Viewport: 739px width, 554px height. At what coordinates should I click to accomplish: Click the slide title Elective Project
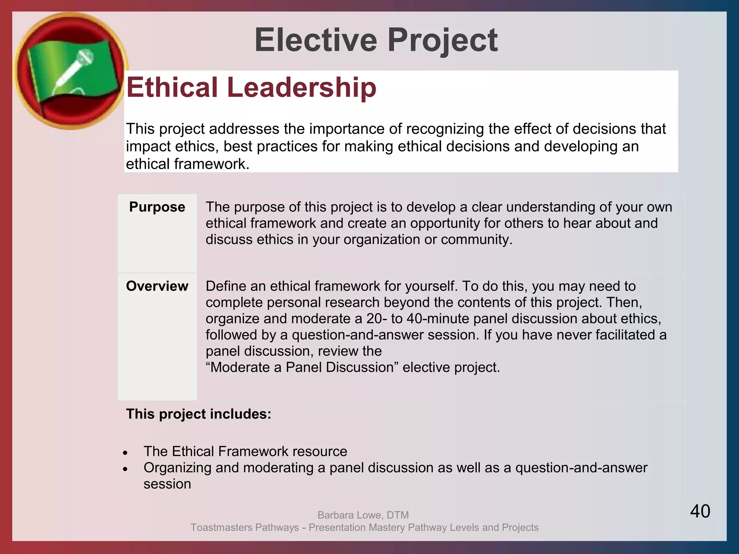coord(376,40)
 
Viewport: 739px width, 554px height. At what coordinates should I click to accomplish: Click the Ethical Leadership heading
coord(251,87)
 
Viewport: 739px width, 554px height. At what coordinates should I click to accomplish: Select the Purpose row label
coord(157,207)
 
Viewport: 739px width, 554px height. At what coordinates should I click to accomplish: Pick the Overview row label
coord(157,286)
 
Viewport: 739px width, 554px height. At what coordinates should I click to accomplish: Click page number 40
coord(700,511)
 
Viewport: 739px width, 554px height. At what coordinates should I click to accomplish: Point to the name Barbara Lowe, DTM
coord(363,515)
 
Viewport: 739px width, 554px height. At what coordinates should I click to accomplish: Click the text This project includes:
coord(198,414)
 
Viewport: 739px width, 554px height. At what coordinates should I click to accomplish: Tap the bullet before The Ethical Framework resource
coord(125,453)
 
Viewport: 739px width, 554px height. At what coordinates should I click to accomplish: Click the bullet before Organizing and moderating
coord(125,469)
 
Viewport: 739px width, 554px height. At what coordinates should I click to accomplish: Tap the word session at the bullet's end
coord(167,484)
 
